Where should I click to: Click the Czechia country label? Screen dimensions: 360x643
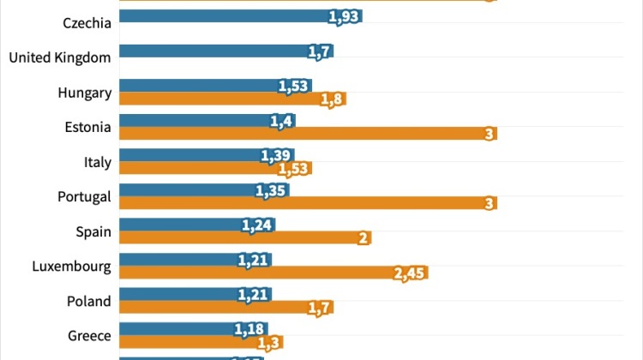(x=87, y=23)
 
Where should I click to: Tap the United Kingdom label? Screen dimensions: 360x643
(x=60, y=57)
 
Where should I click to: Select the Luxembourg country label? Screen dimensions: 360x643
(x=71, y=267)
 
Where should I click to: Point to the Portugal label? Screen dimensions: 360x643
(x=84, y=196)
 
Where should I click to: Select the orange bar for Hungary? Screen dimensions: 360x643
(x=223, y=99)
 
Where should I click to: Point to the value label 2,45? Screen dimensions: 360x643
(x=408, y=273)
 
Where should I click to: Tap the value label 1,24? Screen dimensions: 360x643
(x=256, y=225)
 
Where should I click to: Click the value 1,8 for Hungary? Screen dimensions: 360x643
(x=332, y=99)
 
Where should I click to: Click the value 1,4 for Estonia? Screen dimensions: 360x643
(x=282, y=121)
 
